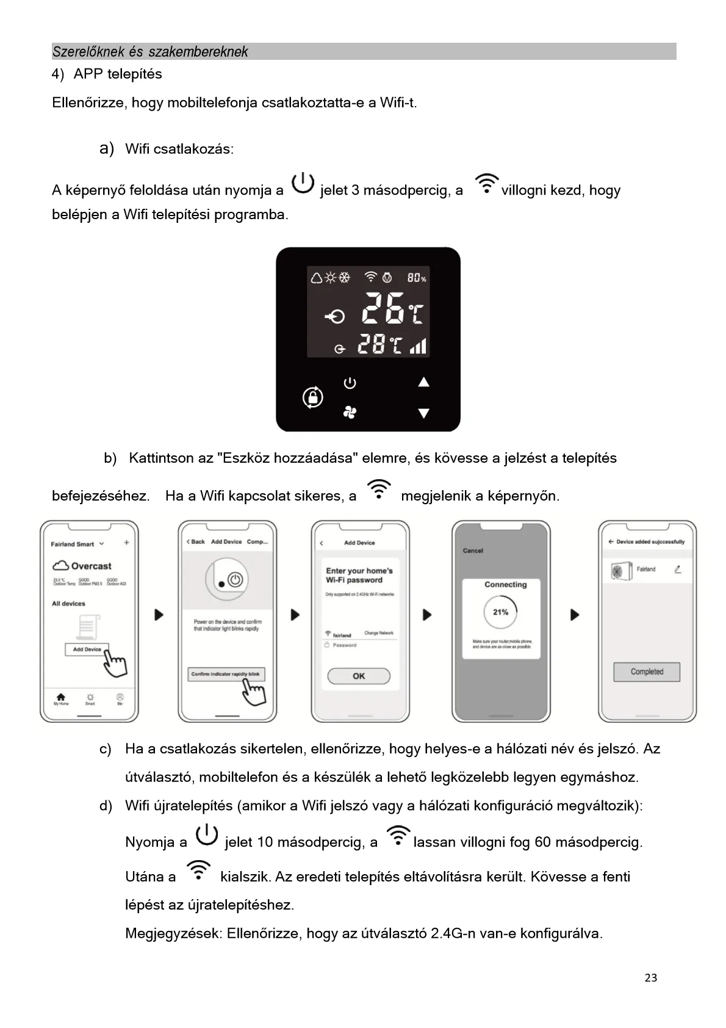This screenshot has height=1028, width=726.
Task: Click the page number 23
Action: (x=650, y=978)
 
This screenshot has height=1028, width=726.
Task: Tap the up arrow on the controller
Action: (x=423, y=382)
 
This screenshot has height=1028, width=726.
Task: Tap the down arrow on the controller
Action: (x=423, y=413)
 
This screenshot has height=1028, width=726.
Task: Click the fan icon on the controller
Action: (x=350, y=413)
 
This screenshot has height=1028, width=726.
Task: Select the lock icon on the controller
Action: (x=313, y=397)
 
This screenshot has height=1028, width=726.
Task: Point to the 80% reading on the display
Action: (x=417, y=278)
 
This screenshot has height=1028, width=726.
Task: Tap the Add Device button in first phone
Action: (x=87, y=650)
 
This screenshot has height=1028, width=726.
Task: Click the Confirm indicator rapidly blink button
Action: (x=226, y=674)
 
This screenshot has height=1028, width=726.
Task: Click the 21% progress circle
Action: (x=501, y=612)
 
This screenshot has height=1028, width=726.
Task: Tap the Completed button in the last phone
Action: (x=647, y=671)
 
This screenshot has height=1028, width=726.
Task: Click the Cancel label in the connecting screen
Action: (x=473, y=551)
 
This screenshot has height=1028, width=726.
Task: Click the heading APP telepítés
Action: (x=118, y=74)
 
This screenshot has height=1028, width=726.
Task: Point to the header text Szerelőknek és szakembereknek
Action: (x=150, y=52)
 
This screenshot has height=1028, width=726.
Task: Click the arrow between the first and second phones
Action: (x=159, y=615)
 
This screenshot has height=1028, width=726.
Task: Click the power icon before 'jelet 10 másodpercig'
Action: (x=207, y=835)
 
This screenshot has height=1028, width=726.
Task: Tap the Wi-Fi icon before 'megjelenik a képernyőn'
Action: (x=379, y=490)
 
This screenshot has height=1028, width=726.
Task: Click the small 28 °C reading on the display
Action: (x=379, y=345)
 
